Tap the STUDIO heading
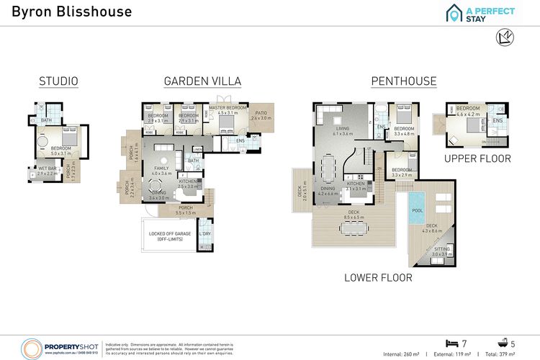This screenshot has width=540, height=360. [59, 81]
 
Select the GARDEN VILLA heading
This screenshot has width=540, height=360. [202, 81]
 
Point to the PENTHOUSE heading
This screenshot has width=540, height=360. [403, 81]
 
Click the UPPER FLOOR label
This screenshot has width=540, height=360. [477, 158]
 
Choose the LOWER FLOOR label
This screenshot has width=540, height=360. [378, 277]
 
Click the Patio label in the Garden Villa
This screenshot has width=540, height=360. [261, 113]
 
